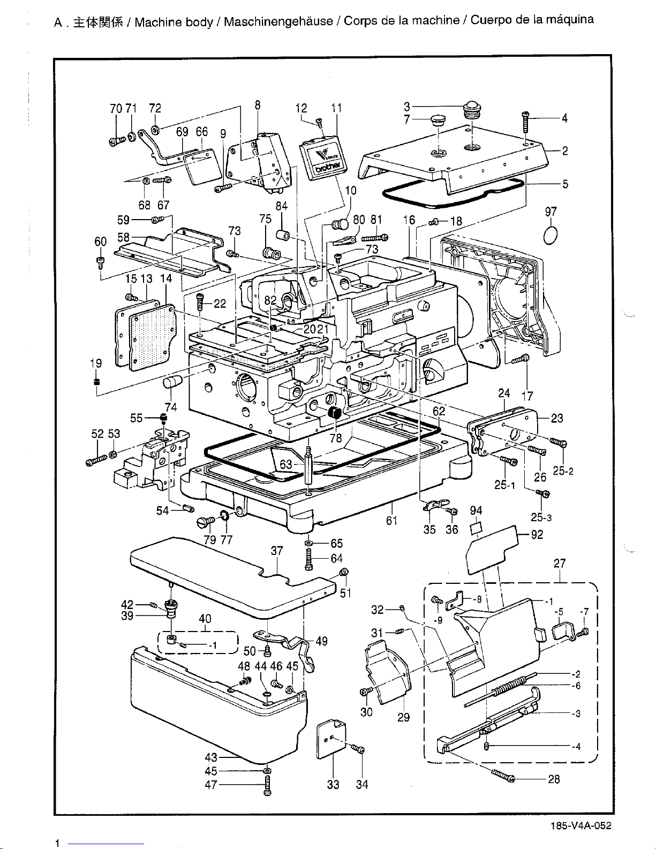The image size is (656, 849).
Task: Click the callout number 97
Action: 551,212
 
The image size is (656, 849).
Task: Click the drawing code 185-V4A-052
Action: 581,825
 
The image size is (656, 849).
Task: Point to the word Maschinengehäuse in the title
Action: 278,21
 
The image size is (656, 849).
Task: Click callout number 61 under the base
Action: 391,521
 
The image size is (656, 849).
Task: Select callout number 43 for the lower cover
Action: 211,757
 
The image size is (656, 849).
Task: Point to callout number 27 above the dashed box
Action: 560,564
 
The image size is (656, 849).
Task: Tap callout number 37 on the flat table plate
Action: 277,551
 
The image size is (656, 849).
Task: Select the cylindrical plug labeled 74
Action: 172,381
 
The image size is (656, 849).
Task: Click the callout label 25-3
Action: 541,517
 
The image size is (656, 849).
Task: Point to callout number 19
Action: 96,363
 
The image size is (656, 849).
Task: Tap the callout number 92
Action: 537,535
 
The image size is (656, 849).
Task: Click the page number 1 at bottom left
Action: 57,843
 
